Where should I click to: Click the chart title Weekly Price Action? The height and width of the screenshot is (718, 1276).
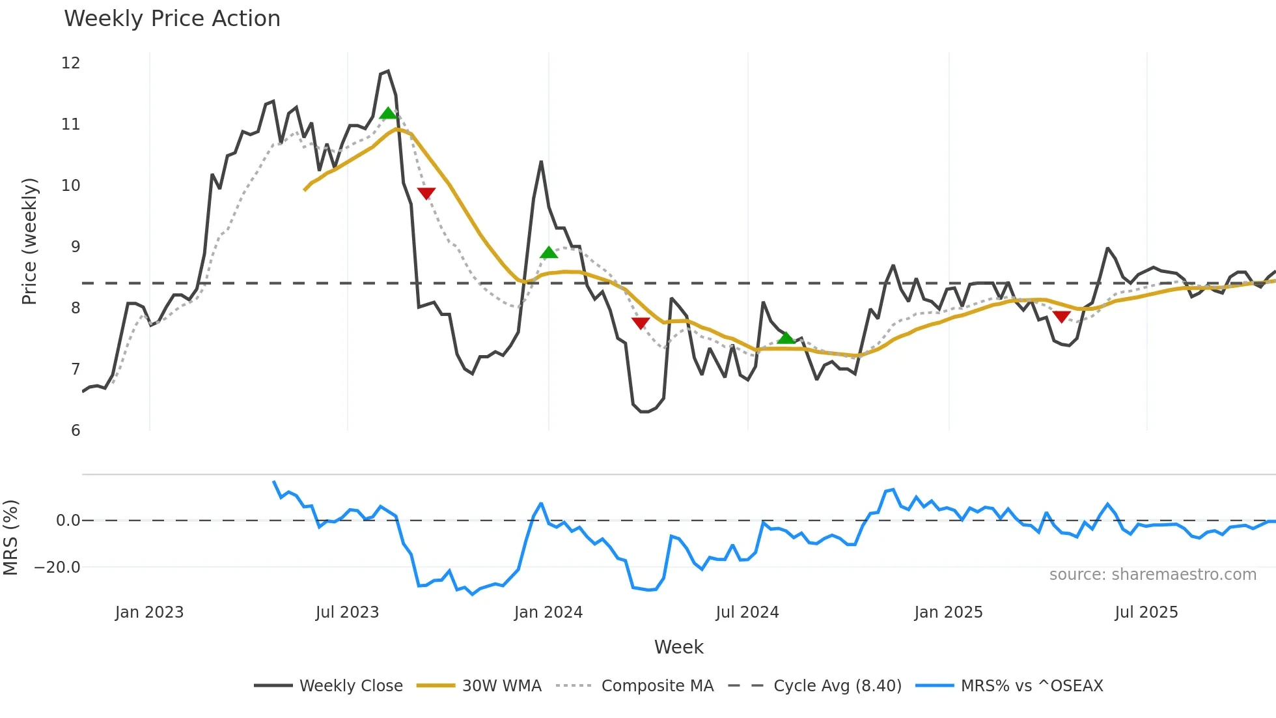172,19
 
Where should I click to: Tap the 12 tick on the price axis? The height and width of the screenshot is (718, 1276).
71,63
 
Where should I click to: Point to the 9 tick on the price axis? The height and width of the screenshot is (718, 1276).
76,247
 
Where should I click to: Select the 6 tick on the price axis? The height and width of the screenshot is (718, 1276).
76,431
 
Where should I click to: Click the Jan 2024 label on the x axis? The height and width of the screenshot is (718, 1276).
548,612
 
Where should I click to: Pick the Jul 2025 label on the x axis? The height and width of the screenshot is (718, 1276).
1146,612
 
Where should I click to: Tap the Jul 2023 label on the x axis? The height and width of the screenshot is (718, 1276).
347,612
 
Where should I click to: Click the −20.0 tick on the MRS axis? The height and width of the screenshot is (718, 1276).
57,567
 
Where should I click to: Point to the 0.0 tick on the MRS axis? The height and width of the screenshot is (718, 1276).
68,521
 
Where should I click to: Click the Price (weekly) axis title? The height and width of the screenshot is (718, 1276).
29,241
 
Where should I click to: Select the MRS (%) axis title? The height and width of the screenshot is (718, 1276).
11,538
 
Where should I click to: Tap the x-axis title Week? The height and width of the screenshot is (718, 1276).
678,647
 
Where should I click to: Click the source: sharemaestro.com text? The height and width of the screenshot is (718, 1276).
1152,575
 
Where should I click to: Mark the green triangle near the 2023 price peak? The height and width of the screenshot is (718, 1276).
388,113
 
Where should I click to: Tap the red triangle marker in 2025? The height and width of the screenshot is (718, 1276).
1061,317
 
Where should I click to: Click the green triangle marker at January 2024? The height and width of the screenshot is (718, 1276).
549,253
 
